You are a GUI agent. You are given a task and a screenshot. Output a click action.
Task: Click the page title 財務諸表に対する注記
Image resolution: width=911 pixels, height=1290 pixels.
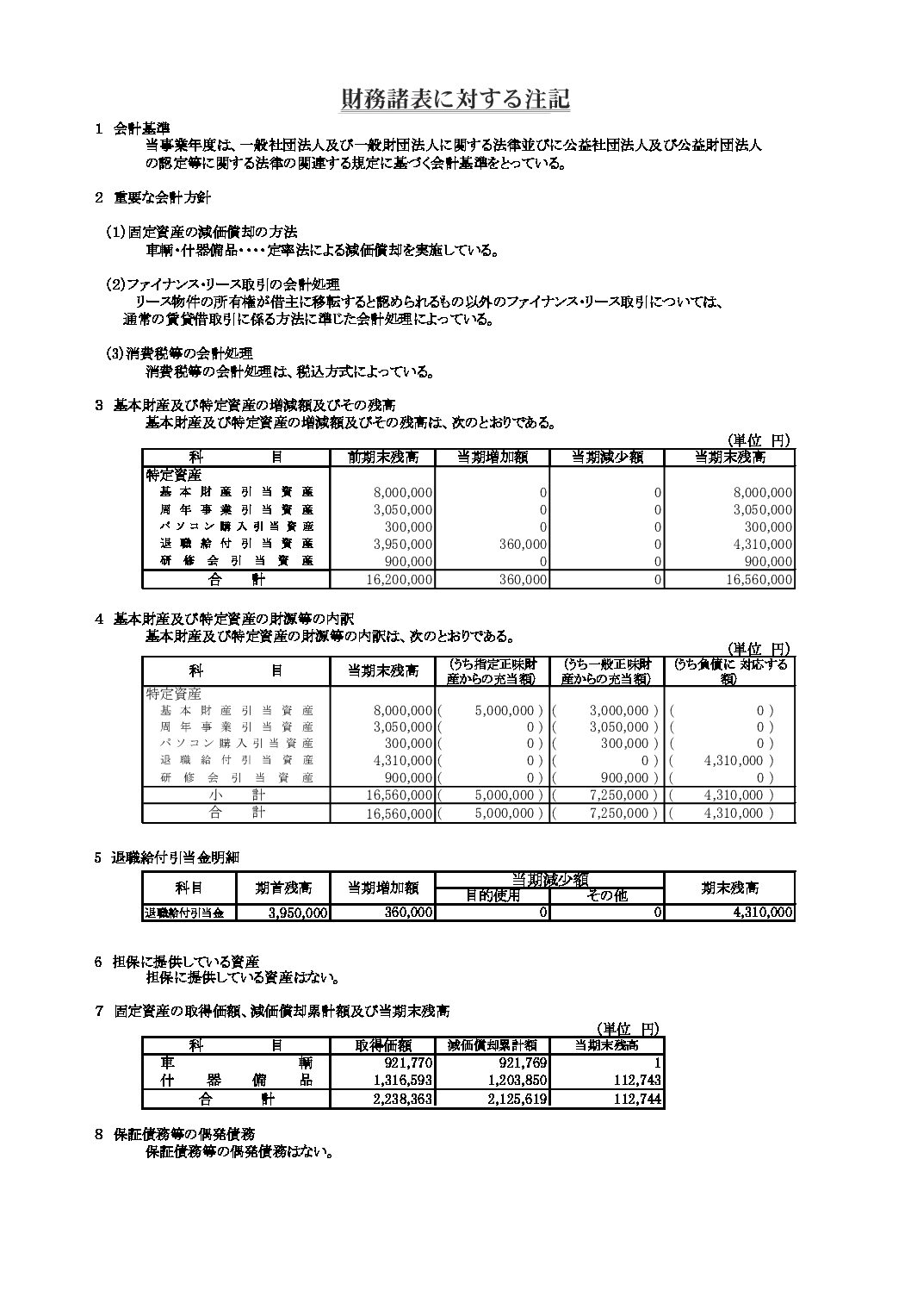455,100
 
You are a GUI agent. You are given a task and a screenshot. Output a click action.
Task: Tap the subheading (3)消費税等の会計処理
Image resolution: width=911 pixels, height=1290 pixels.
178,354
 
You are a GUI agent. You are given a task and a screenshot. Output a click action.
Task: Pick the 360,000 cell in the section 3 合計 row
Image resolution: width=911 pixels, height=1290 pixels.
523,580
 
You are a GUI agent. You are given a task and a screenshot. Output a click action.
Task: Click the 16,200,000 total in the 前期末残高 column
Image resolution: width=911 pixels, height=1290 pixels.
398,580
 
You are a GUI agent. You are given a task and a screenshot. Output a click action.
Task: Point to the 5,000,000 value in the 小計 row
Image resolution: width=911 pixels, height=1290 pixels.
507,795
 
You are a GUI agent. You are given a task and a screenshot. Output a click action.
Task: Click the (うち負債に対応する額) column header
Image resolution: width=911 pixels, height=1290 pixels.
731,671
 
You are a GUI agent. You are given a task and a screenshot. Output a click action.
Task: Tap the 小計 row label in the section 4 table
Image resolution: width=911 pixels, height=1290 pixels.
235,795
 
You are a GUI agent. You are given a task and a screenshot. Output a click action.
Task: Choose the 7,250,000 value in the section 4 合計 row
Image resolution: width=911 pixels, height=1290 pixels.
623,813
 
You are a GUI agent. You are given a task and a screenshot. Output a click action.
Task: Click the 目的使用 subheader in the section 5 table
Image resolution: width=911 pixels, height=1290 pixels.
493,895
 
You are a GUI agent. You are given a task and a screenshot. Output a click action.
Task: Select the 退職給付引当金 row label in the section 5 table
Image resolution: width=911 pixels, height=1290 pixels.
184,913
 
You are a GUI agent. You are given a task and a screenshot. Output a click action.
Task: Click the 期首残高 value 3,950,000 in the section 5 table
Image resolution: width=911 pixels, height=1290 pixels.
296,913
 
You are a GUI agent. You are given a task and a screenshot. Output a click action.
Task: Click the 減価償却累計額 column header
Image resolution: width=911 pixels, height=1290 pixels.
492,1045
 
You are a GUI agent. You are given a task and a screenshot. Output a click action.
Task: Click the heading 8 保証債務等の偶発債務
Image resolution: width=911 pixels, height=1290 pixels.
183,1134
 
